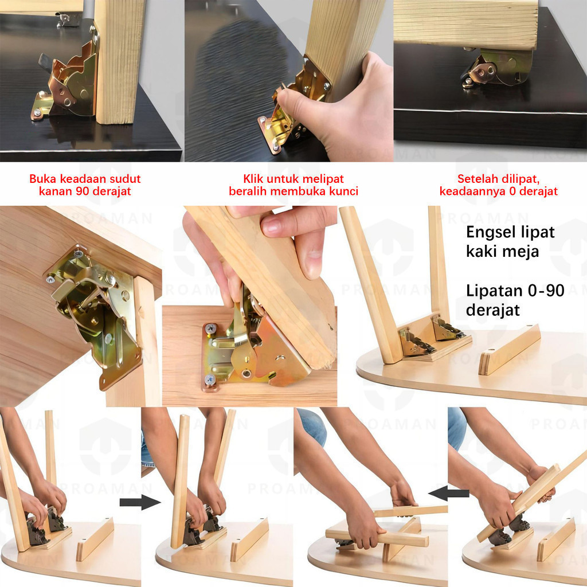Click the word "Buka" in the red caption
click(43, 179)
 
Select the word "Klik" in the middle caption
click(253, 179)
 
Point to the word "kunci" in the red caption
click(344, 191)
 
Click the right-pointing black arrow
click(140, 502)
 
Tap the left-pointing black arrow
click(449, 494)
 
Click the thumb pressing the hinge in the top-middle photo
click(296, 100)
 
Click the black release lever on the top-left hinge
click(46, 62)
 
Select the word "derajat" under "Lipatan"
click(492, 310)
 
